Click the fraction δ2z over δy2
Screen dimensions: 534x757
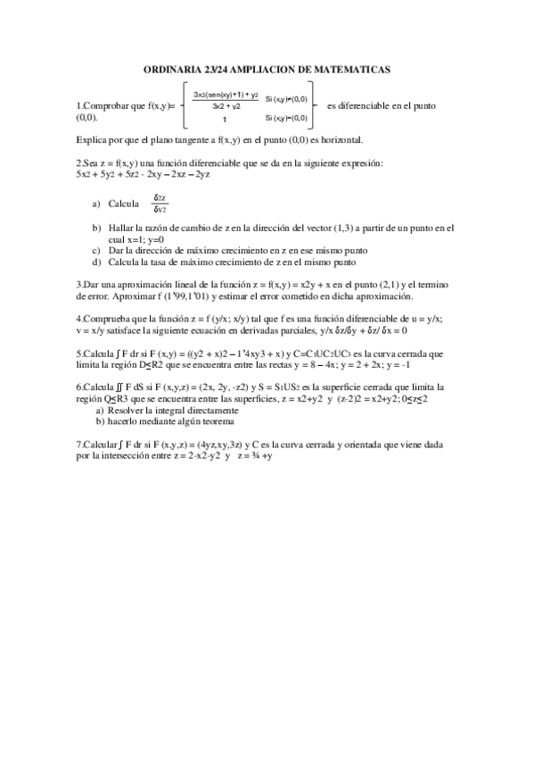[x=161, y=204]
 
